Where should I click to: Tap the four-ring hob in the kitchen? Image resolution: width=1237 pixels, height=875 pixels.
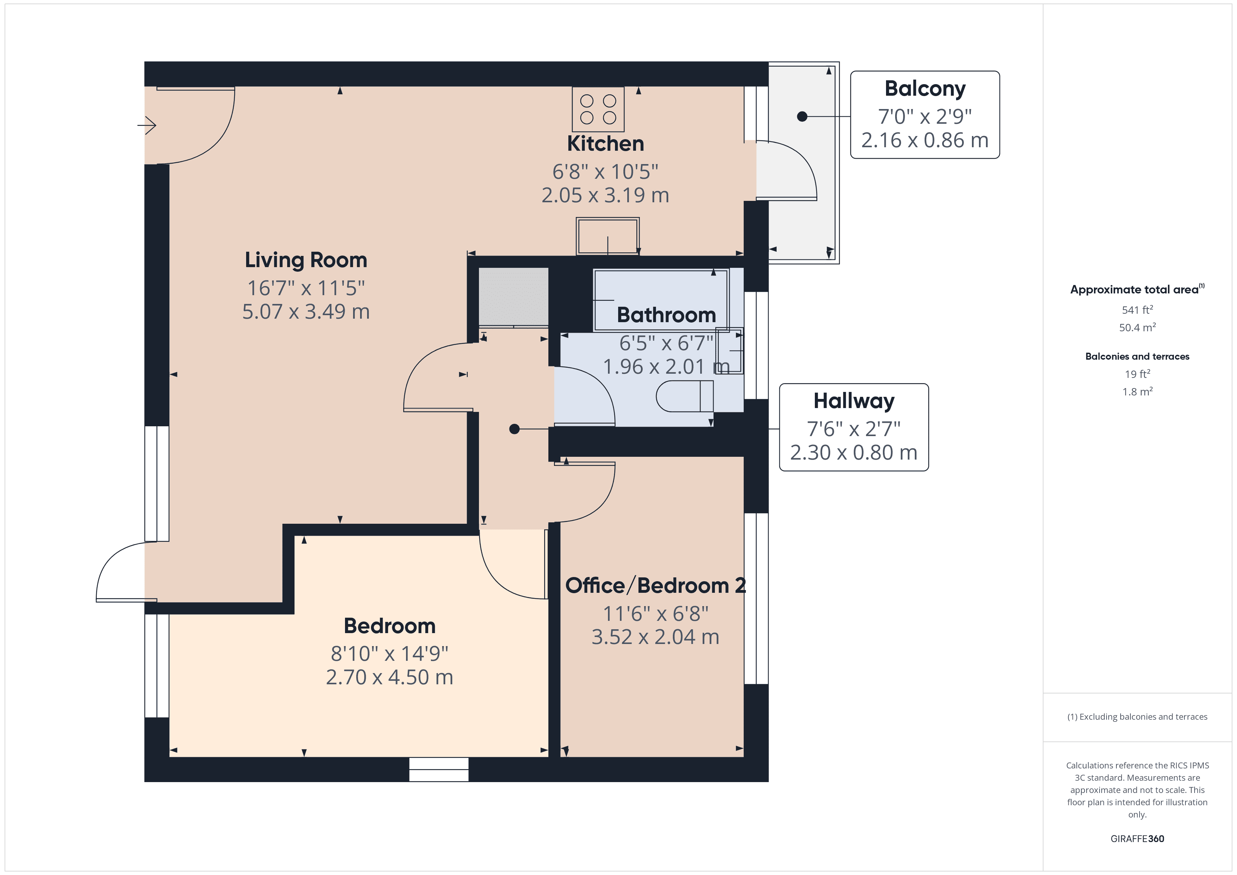[597, 109]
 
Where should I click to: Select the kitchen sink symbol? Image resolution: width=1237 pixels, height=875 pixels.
[607, 236]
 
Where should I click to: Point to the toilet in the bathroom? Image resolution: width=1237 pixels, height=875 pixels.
[684, 396]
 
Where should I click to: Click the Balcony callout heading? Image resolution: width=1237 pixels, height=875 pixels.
[925, 89]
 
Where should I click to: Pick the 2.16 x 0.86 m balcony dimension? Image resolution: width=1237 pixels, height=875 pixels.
[925, 141]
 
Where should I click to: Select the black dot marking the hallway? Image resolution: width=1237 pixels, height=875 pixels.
[514, 429]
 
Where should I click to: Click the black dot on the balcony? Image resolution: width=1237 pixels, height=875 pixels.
[802, 116]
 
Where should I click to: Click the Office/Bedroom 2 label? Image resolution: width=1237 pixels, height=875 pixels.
[655, 586]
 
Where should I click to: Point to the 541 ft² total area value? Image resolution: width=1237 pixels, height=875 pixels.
[1137, 310]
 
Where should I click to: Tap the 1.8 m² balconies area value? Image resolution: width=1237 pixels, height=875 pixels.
[1137, 392]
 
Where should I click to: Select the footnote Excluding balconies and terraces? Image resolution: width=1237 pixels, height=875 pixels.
[1137, 717]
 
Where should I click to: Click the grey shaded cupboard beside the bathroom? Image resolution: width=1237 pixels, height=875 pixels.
[513, 296]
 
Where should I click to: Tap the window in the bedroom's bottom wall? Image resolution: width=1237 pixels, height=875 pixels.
[439, 769]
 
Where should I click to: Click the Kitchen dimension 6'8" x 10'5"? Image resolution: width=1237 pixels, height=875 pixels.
[605, 172]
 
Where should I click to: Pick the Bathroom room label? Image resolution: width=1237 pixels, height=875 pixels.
[666, 315]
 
